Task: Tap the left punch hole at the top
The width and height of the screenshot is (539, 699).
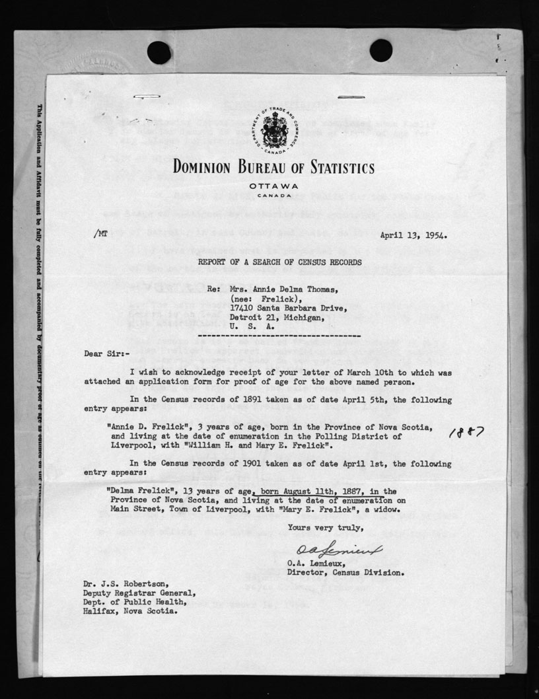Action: [159, 52]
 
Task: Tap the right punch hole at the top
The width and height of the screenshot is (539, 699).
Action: [381, 50]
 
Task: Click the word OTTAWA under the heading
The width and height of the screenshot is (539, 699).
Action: [270, 186]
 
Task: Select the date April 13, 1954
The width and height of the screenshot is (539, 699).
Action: [412, 235]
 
